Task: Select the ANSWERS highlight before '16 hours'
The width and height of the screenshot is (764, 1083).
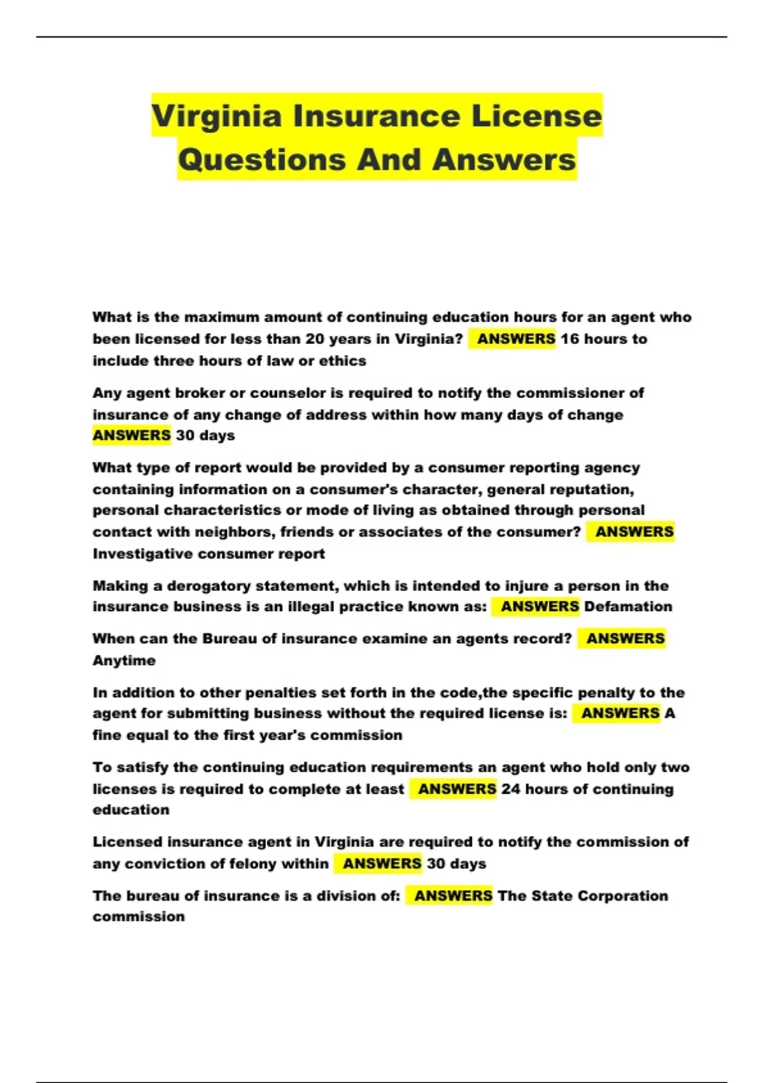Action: coord(516,339)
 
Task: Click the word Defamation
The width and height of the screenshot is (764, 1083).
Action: coord(628,606)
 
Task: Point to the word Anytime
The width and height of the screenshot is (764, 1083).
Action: coord(124,661)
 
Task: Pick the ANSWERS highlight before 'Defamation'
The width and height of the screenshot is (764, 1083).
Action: coord(539,606)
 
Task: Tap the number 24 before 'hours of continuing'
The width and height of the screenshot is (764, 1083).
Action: coord(511,789)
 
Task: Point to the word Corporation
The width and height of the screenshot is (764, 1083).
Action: coord(619,896)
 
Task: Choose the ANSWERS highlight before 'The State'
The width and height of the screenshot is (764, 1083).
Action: coord(453,896)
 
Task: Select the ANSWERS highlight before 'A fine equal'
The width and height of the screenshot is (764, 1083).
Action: coord(620,714)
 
